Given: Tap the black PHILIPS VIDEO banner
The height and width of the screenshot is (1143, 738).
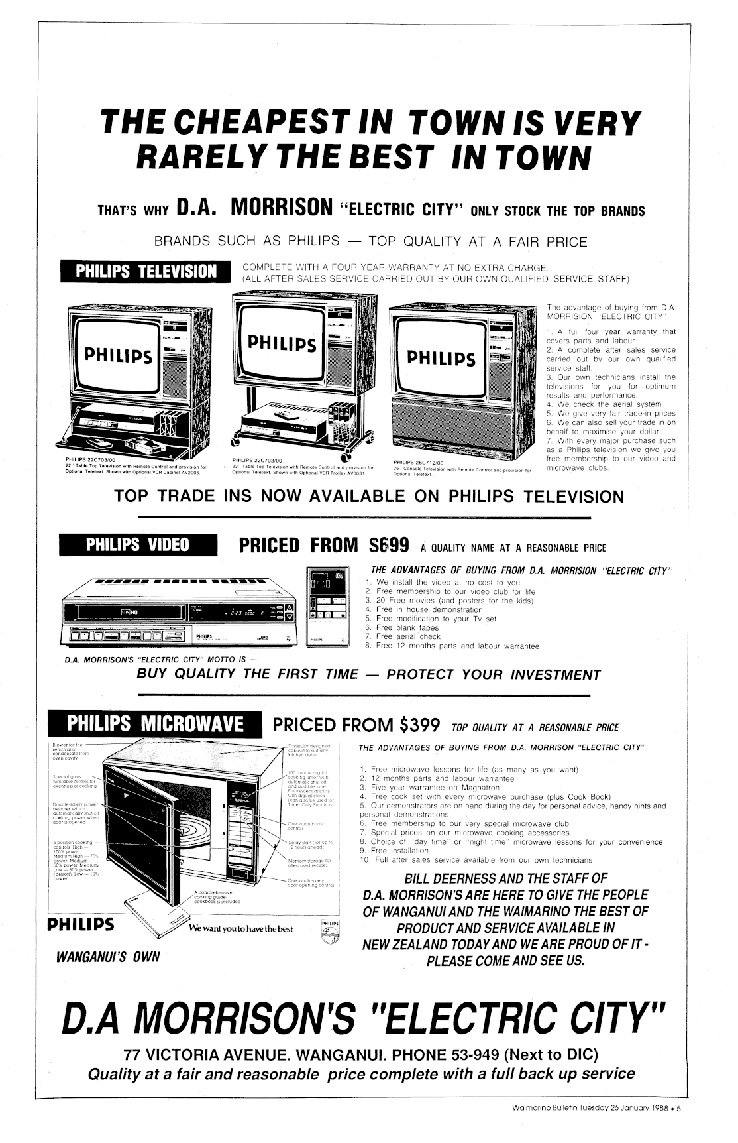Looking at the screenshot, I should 138,545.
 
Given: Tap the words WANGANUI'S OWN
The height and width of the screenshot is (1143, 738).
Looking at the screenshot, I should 108,957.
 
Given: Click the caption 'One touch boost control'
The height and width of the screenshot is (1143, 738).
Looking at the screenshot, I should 305,826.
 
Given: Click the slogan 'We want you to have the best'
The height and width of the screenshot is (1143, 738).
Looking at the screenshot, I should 240,929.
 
